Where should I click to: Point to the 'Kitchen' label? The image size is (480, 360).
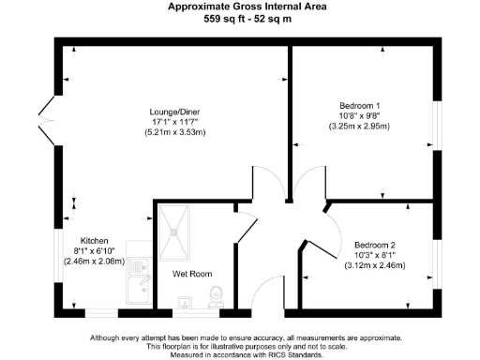click(96, 239)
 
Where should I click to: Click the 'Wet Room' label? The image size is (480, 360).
click(189, 276)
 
